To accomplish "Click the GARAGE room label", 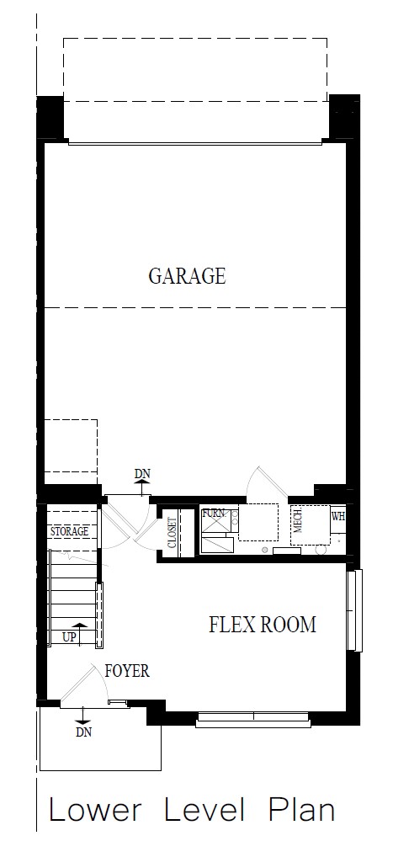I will click(x=187, y=276).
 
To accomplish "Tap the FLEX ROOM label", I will click(x=262, y=625).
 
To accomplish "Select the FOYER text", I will click(x=127, y=671).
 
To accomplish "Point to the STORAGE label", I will click(x=69, y=531).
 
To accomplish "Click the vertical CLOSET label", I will click(x=172, y=532).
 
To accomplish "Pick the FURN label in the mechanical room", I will click(x=213, y=512).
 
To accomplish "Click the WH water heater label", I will click(x=338, y=516).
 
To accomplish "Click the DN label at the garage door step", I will click(x=142, y=474).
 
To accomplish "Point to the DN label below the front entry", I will click(x=83, y=732).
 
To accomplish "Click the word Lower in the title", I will click(x=95, y=811).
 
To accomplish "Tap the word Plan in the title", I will click(x=301, y=811).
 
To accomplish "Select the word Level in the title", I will click(x=204, y=811).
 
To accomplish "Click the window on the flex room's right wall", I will click(x=355, y=610).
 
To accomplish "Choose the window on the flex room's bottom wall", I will click(x=252, y=719).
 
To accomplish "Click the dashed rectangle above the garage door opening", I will click(x=195, y=69).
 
